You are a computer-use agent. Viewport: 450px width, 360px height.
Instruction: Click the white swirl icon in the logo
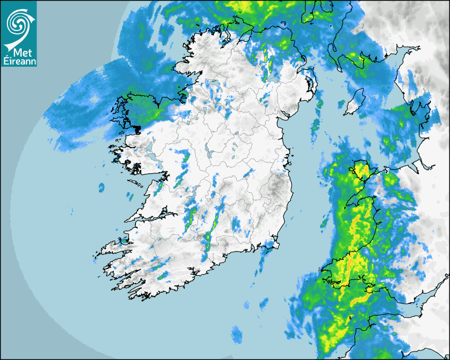[18, 22]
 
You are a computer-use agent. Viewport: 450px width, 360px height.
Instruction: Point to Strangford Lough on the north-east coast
[312, 85]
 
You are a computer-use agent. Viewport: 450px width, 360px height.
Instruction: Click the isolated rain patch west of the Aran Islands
[101, 187]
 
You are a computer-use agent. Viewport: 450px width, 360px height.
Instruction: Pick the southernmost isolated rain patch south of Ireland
[237, 334]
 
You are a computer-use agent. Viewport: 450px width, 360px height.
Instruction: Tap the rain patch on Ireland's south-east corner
[271, 245]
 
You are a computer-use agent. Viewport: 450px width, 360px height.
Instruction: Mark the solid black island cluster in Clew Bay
[137, 129]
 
